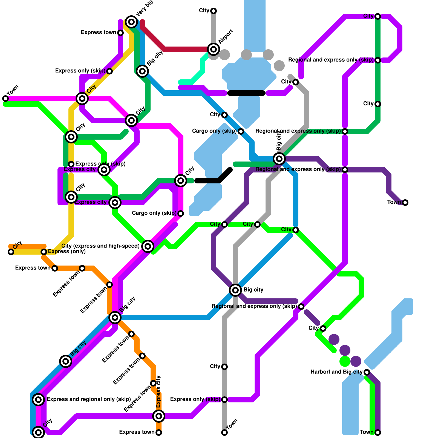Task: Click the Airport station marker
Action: [x=214, y=49]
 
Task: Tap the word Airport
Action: [x=226, y=36]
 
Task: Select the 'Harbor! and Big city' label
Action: [x=336, y=372]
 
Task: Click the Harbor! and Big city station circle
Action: [x=367, y=372]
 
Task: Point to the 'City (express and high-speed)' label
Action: [x=100, y=246]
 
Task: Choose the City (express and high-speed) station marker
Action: [x=148, y=246]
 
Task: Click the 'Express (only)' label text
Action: [x=67, y=252]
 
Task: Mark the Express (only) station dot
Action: [x=44, y=252]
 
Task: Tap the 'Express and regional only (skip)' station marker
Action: [x=38, y=399]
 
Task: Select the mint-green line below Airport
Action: [x=197, y=75]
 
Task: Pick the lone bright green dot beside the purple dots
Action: [x=345, y=361]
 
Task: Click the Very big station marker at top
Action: [x=131, y=22]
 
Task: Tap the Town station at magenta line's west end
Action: [x=5, y=98]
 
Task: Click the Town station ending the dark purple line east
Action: [x=405, y=202]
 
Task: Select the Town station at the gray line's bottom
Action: [x=224, y=432]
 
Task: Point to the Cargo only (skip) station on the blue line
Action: [x=241, y=131]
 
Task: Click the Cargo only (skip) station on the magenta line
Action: [x=181, y=213]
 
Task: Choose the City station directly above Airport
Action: [x=214, y=11]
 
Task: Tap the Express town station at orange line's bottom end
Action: [x=159, y=432]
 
